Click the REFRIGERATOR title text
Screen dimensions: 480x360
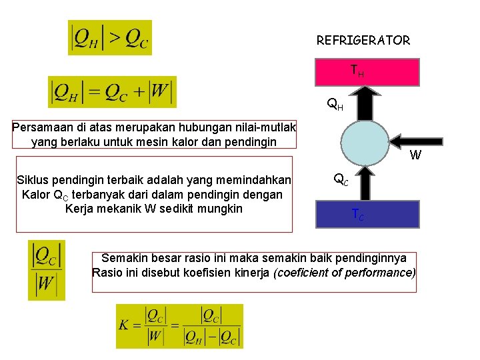(x=363, y=41)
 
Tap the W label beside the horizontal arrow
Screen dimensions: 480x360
(x=415, y=156)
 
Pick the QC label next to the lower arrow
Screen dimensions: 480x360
(x=340, y=179)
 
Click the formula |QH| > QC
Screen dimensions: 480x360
(x=110, y=38)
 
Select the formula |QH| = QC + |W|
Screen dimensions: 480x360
(x=112, y=92)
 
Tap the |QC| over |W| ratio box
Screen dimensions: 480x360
(x=47, y=270)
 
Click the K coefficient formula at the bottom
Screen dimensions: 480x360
(x=179, y=326)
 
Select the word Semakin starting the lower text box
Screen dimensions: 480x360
(x=123, y=259)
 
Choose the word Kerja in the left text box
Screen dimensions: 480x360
(x=81, y=209)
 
